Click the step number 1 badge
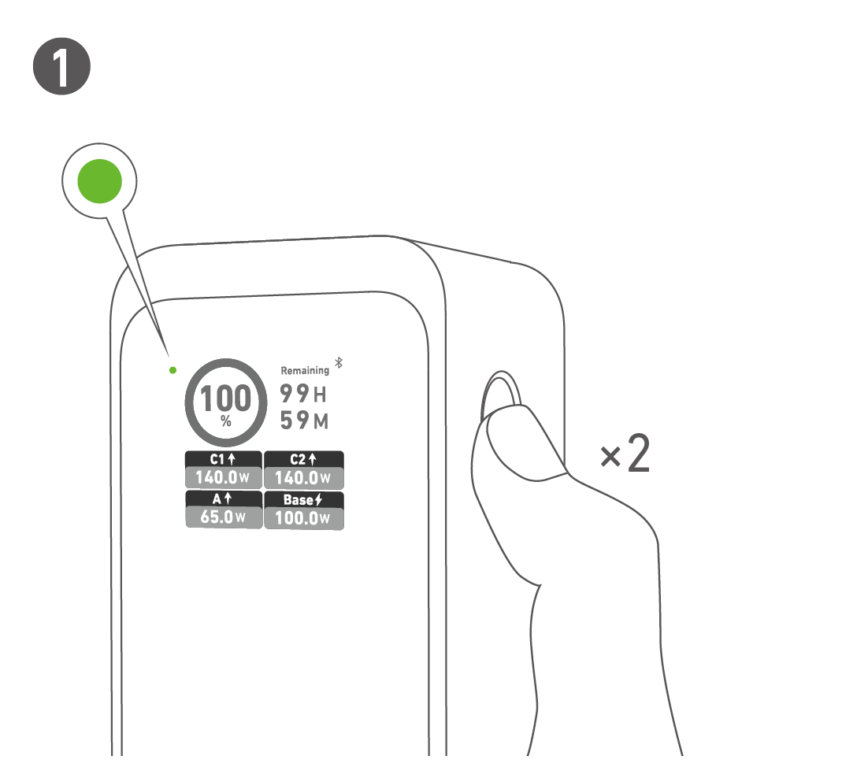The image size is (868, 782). pyautogui.click(x=61, y=66)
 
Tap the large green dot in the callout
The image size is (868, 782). pyautogui.click(x=100, y=181)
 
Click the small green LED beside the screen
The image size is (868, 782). pyautogui.click(x=172, y=369)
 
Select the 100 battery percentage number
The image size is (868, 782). pyautogui.click(x=226, y=398)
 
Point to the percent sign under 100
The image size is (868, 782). pyautogui.click(x=226, y=422)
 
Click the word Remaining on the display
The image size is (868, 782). pyautogui.click(x=305, y=370)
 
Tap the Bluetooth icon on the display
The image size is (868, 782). pyautogui.click(x=339, y=362)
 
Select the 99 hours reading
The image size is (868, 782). pyautogui.click(x=303, y=394)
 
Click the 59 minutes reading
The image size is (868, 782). pyautogui.click(x=304, y=420)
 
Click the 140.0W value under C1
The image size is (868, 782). pyautogui.click(x=223, y=477)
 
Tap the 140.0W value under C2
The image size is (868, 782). pyautogui.click(x=303, y=477)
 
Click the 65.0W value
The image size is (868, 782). pyautogui.click(x=223, y=517)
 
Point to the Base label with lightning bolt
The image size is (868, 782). pyautogui.click(x=303, y=500)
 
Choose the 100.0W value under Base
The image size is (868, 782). pyautogui.click(x=303, y=518)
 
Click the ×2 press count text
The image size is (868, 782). pyautogui.click(x=625, y=454)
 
